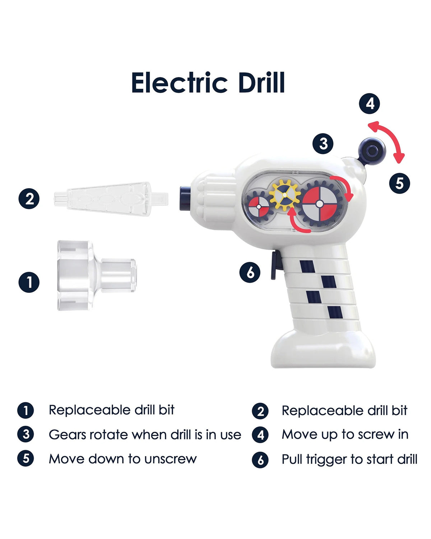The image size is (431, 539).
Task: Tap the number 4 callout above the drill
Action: [x=369, y=103]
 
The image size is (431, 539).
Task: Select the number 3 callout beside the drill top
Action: [x=323, y=144]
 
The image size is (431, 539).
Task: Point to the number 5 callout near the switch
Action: [x=399, y=183]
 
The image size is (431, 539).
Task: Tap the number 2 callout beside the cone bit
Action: [x=29, y=199]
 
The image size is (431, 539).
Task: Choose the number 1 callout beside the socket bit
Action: [x=29, y=282]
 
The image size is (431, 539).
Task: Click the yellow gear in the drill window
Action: [x=285, y=195]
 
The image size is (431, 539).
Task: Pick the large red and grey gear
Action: [x=320, y=204]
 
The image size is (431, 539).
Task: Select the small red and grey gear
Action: [x=259, y=207]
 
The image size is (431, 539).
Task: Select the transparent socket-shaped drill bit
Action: [x=97, y=276]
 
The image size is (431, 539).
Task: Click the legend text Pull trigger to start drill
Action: [x=349, y=459]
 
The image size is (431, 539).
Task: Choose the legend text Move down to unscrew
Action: [x=123, y=459]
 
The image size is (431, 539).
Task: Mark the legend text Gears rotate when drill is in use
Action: [x=145, y=434]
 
